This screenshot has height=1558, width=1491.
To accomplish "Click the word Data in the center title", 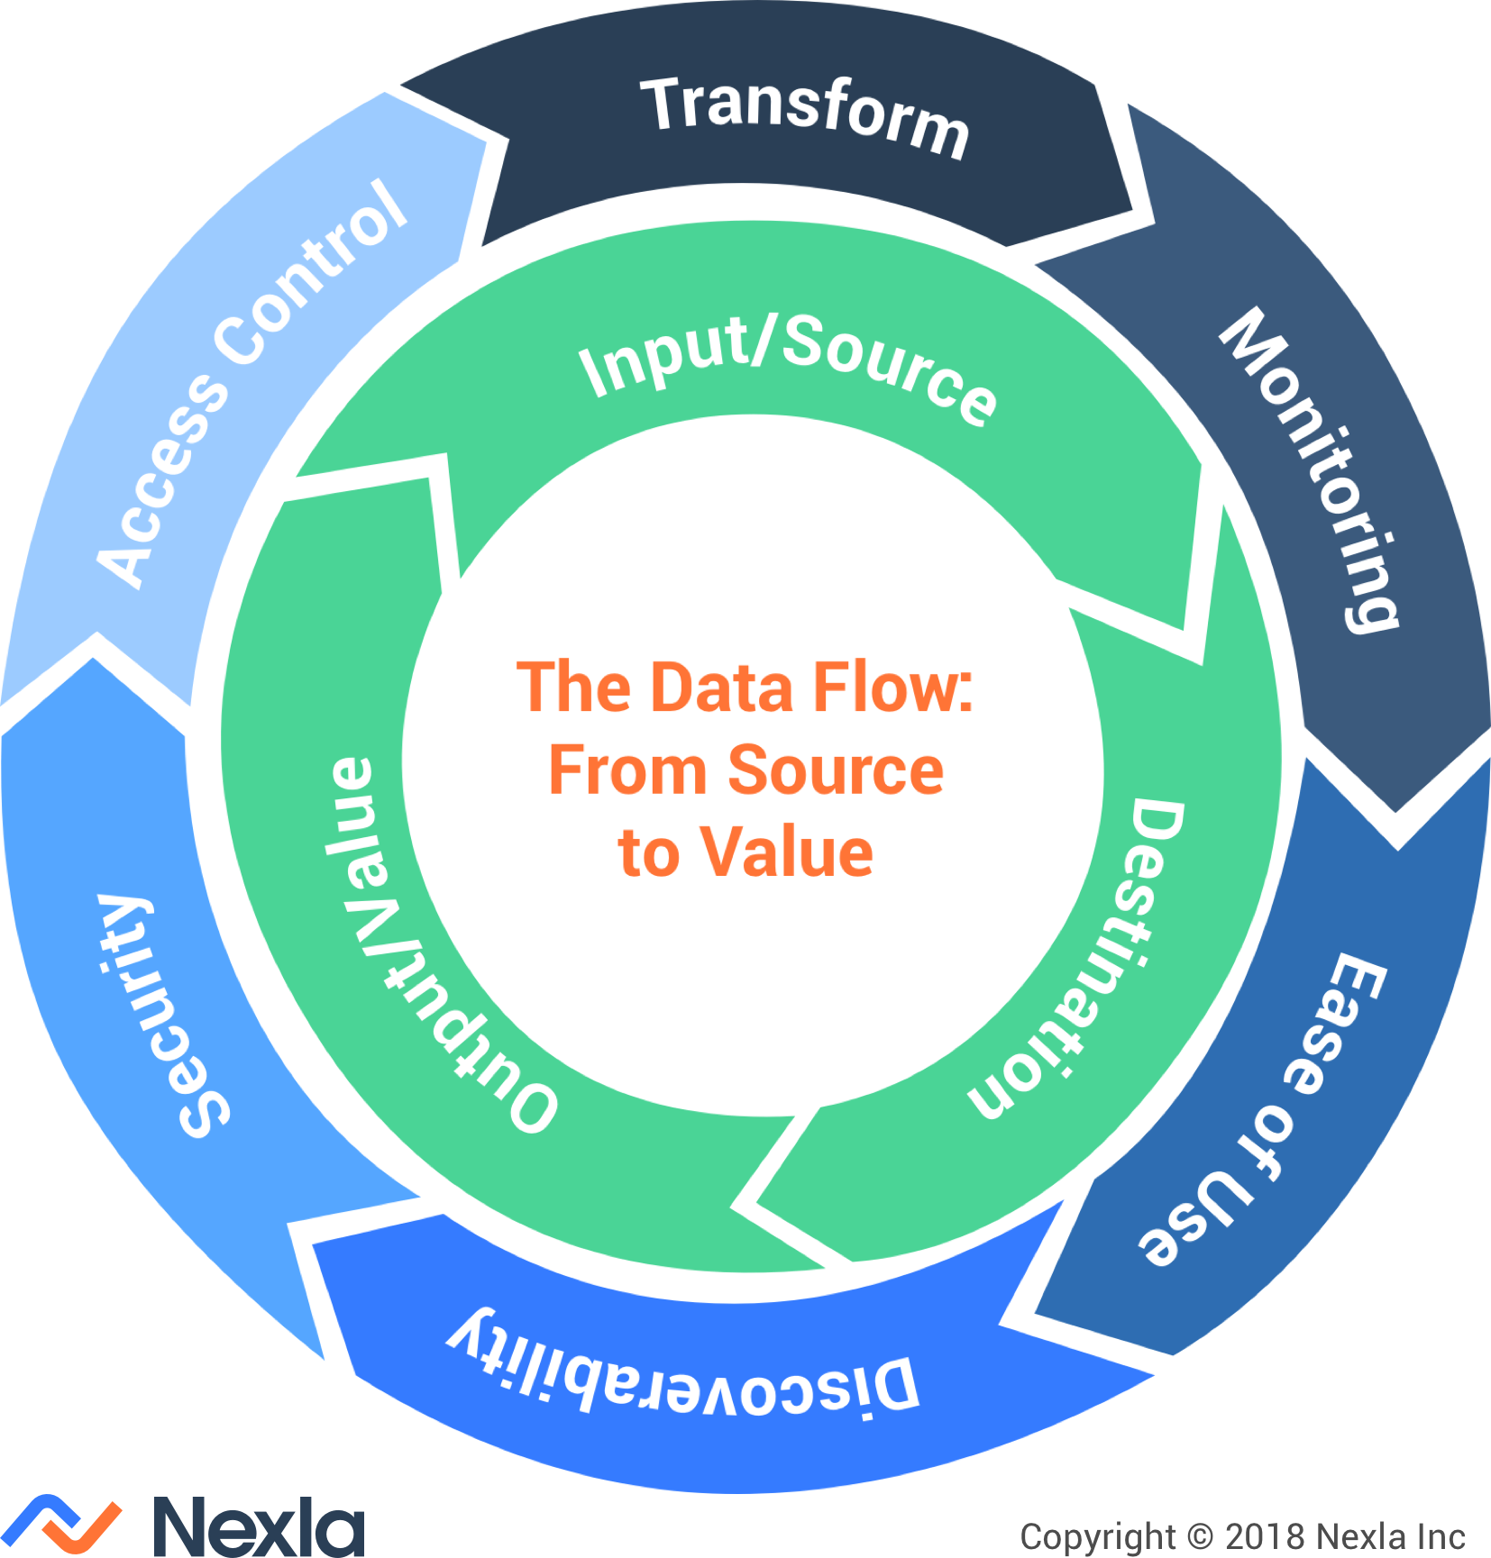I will click(720, 688).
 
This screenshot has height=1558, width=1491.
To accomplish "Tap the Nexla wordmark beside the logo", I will click(258, 1526).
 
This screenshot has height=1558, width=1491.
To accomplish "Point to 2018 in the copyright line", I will click(1264, 1535).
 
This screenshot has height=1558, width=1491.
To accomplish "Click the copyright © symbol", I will click(1200, 1535).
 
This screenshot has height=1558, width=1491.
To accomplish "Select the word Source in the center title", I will click(836, 771).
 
